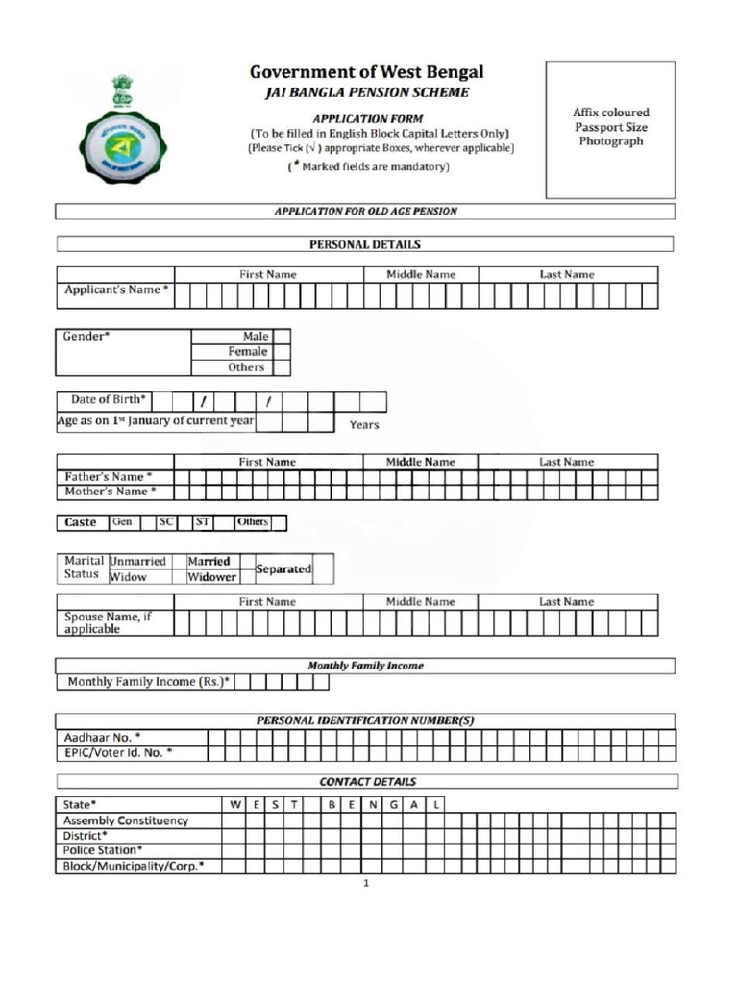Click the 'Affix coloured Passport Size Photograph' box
[x=610, y=129]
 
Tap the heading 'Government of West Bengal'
[x=366, y=72]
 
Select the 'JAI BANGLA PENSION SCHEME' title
[x=367, y=92]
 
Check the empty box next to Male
[x=281, y=337]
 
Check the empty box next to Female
[x=281, y=352]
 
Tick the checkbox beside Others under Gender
[x=281, y=367]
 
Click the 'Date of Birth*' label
[x=109, y=399]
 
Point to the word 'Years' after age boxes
[x=364, y=424]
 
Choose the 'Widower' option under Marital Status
[x=211, y=577]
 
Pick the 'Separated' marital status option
[x=283, y=569]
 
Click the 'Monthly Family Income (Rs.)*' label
[x=149, y=682]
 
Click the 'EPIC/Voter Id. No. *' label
[x=118, y=753]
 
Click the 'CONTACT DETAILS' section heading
[x=367, y=782]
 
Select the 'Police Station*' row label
[x=103, y=850]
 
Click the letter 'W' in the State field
[x=235, y=804]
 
